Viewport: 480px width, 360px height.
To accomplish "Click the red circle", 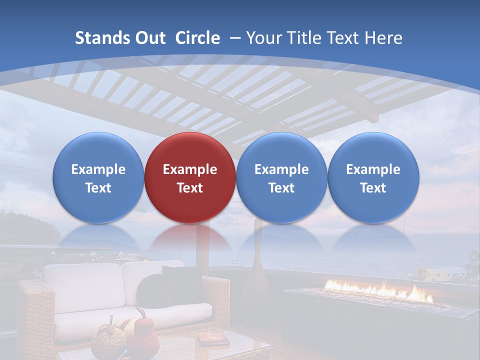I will (190, 177).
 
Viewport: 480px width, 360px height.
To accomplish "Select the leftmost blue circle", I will (98, 177).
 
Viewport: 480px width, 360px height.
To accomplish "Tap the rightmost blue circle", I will (373, 177).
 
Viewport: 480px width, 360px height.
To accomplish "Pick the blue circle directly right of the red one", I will (281, 177).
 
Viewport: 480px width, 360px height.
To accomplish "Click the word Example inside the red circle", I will (190, 169).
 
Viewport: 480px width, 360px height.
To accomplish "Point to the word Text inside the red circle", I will (190, 188).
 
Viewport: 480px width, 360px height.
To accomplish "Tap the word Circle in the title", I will (197, 38).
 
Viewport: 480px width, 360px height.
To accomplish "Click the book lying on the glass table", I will (212, 338).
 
